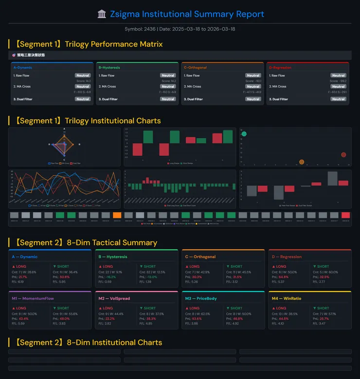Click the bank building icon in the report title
pos(102,14)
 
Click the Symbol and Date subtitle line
pos(180,29)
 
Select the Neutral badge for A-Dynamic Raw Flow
pos(83,75)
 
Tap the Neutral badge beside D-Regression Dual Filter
pos(338,99)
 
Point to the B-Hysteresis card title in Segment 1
pos(109,68)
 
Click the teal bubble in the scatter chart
pos(244,134)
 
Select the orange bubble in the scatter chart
pos(302,162)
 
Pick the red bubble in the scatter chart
pos(343,155)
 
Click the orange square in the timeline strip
pos(117,215)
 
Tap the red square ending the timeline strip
pos(345,215)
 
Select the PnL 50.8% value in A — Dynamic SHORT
pos(65,277)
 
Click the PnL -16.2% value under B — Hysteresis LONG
pos(110,277)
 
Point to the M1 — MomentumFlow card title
pos(33,298)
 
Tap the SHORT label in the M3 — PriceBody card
pos(236,308)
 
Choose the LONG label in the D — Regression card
pos(281,267)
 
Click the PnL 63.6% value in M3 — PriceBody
pos(197,318)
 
